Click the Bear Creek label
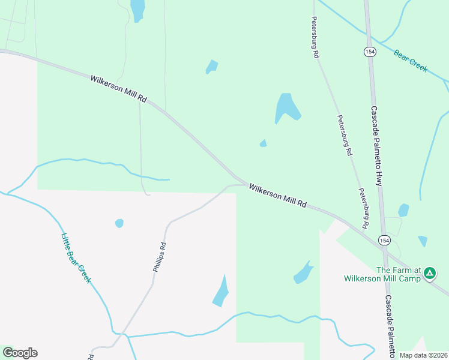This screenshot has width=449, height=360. pyautogui.click(x=411, y=61)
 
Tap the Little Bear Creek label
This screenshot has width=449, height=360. pyautogui.click(x=76, y=258)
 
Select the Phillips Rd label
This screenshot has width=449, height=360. pyautogui.click(x=159, y=257)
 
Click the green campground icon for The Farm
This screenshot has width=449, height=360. pyautogui.click(x=429, y=274)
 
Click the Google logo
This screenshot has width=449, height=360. pyautogui.click(x=20, y=353)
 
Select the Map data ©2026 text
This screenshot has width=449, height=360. pyautogui.click(x=423, y=355)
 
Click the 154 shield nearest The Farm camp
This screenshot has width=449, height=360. pyautogui.click(x=384, y=240)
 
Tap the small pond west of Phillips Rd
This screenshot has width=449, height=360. pyautogui.click(x=119, y=223)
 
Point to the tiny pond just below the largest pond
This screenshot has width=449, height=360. pyautogui.click(x=263, y=143)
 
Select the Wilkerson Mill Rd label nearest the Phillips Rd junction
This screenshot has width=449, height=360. pyautogui.click(x=278, y=196)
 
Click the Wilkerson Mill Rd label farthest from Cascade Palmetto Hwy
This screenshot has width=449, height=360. pyautogui.click(x=119, y=88)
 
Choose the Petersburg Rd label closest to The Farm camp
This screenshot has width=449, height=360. pyautogui.click(x=363, y=208)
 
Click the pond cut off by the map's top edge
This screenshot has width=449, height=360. pyautogui.click(x=138, y=9)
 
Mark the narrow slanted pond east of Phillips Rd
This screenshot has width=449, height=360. pyautogui.click(x=221, y=292)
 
